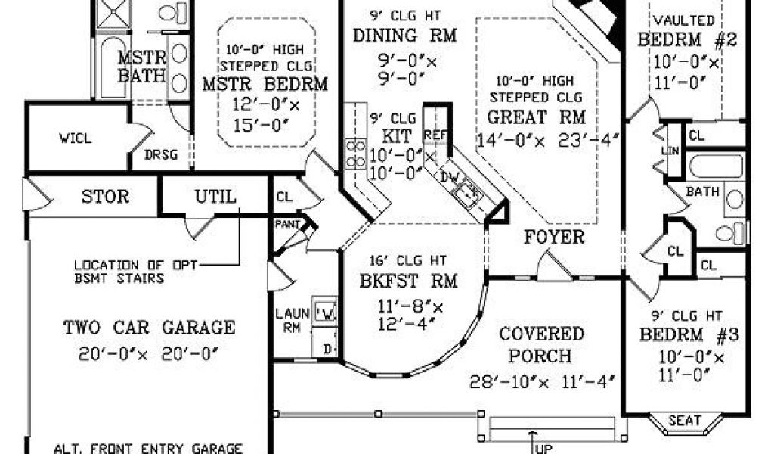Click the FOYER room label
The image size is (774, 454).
pos(554,237)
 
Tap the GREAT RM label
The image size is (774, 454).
pos(537,117)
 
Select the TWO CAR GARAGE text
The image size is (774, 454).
pos(149,328)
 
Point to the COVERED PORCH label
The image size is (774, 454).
pos(541,345)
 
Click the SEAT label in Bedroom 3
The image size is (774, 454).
pos(685,421)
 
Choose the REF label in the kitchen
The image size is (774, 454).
pos(435,135)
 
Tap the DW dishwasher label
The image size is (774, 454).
pos(450,176)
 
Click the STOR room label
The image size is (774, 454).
pos(105,197)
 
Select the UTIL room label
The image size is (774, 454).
pos(215,197)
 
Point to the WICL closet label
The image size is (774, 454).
pos(76,138)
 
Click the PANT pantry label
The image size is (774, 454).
pos(287,224)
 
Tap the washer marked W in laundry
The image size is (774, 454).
pos(325,311)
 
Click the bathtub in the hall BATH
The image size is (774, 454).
pos(715,166)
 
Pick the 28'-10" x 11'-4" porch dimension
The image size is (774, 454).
pos(542,381)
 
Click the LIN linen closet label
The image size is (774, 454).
pos(670,151)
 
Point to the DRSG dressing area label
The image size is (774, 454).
pos(161,155)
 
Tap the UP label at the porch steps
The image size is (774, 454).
pos(543,449)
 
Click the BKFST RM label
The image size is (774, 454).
pos(408,281)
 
